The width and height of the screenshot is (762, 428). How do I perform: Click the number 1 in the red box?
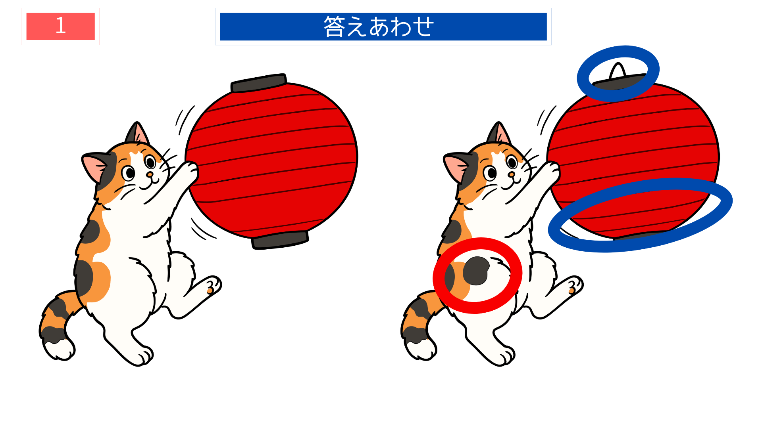click(60, 26)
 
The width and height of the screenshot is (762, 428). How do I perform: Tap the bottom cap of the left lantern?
click(280, 240)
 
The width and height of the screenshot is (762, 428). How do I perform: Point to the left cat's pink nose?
click(150, 174)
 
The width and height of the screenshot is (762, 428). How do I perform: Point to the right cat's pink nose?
click(511, 174)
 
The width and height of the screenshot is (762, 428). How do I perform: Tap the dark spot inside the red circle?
click(476, 271)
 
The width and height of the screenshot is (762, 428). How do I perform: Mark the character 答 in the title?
click(334, 27)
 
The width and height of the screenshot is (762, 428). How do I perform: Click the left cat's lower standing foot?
click(141, 355)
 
